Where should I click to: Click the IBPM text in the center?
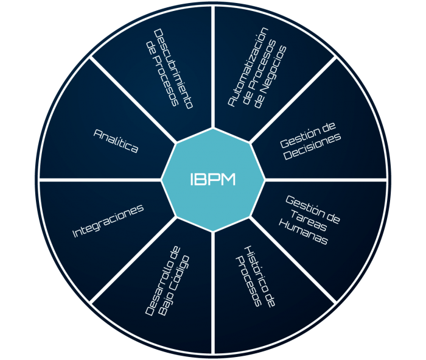(x=212, y=180)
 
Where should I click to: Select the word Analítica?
(x=116, y=141)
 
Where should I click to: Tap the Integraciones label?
(x=108, y=221)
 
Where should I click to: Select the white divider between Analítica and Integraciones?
(x=100, y=180)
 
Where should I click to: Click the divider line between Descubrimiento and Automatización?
(x=213, y=67)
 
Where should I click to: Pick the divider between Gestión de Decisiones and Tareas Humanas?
(x=326, y=180)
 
